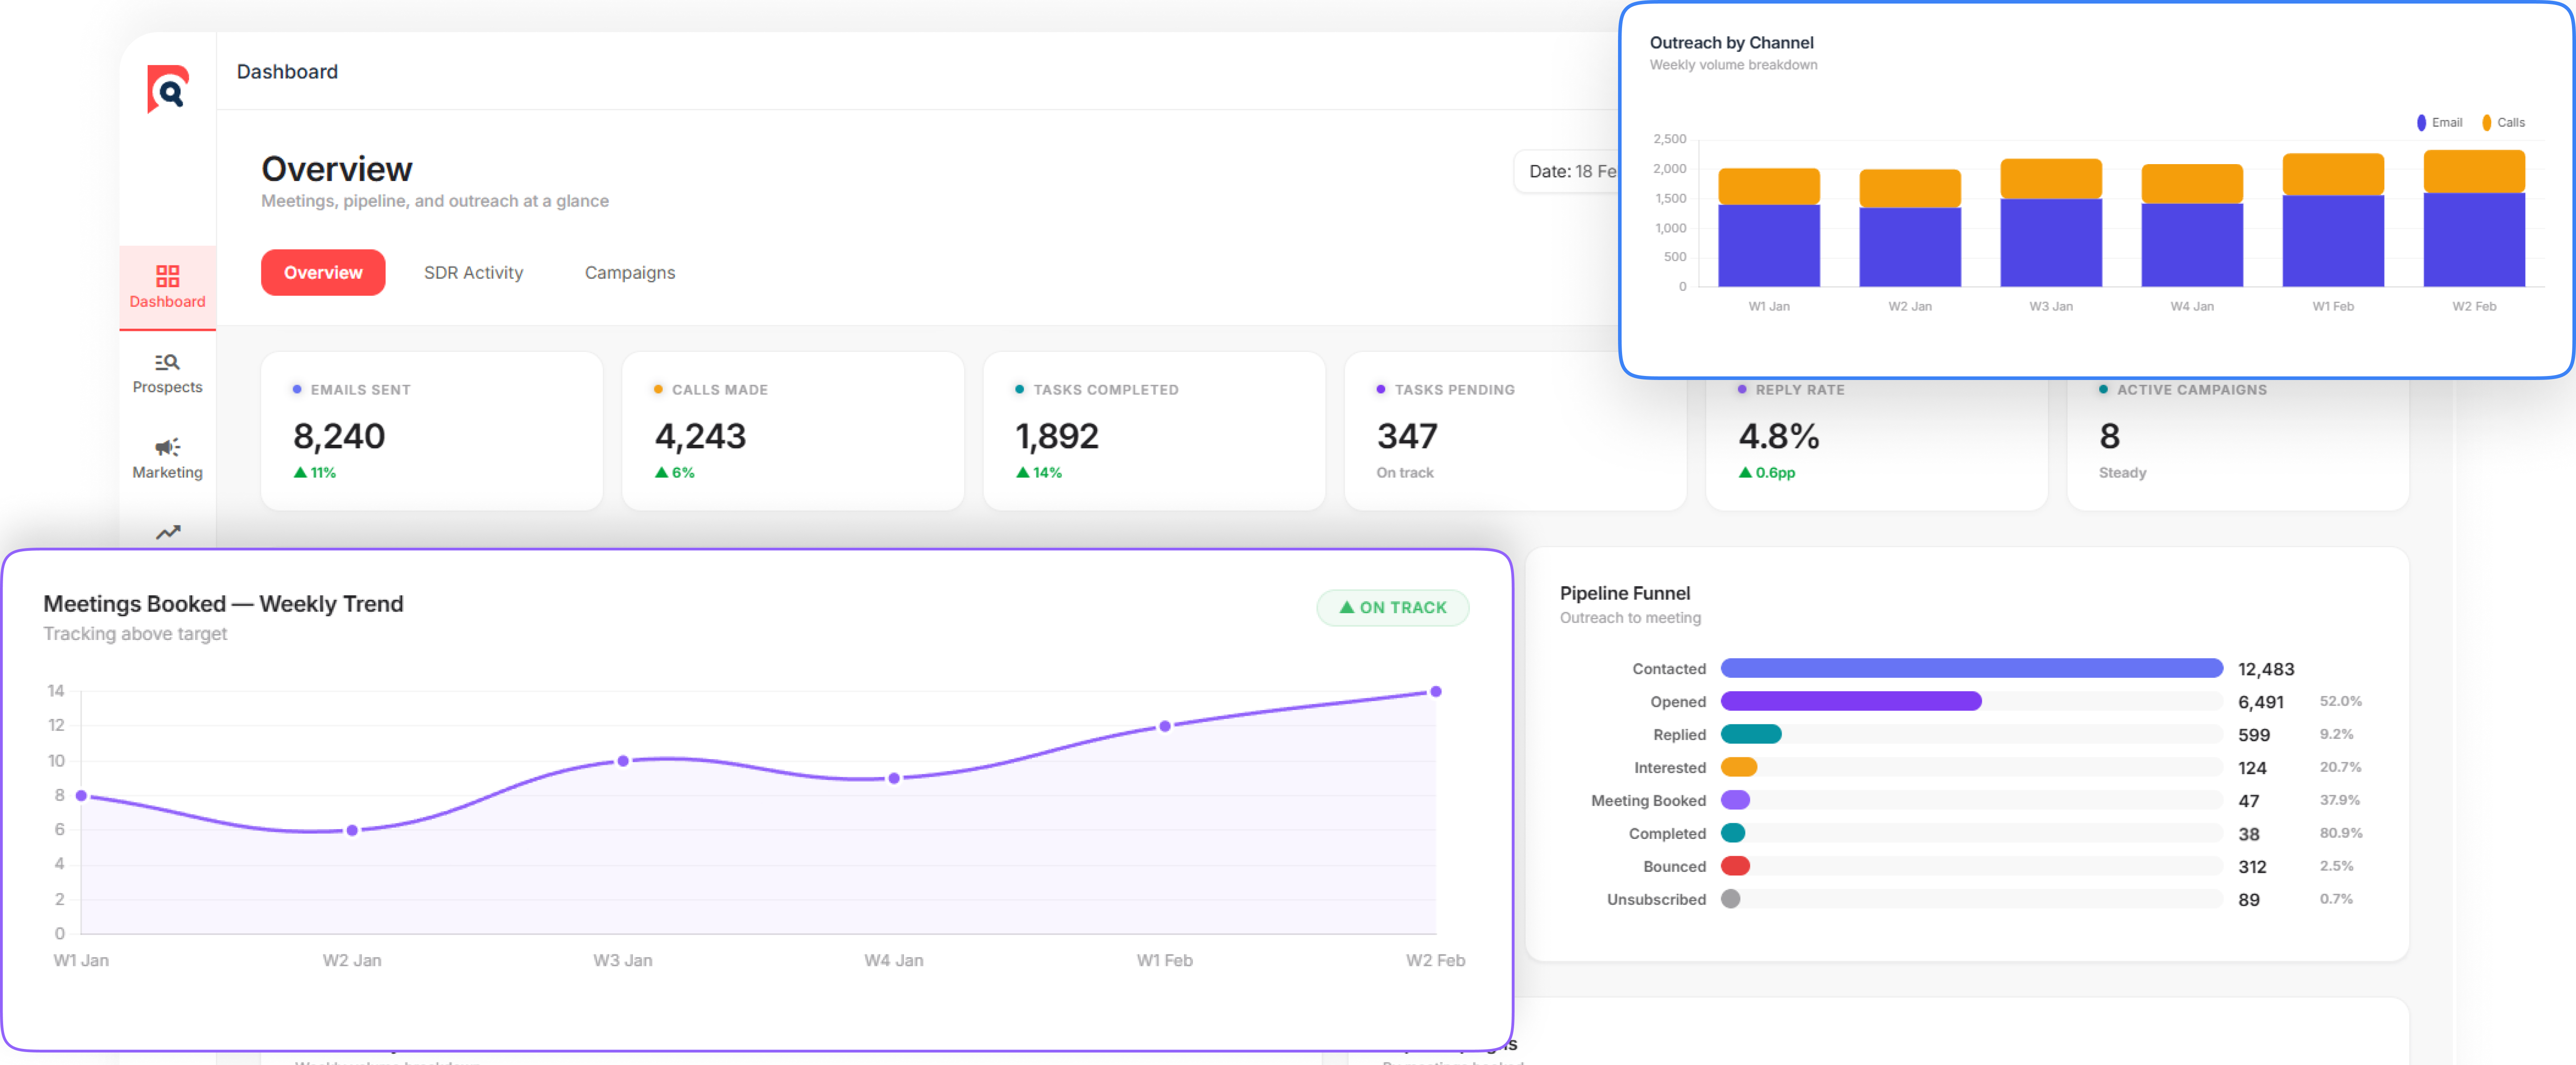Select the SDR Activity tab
[473, 272]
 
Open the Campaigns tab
[629, 272]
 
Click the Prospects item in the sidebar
[167, 373]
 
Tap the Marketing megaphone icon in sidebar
[167, 447]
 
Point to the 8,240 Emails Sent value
[339, 436]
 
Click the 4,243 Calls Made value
[700, 436]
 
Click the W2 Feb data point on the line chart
[1435, 691]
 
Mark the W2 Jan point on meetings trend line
[352, 830]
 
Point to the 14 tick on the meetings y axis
[56, 690]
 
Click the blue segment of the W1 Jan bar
[1768, 245]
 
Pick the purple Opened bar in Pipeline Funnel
[1850, 701]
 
